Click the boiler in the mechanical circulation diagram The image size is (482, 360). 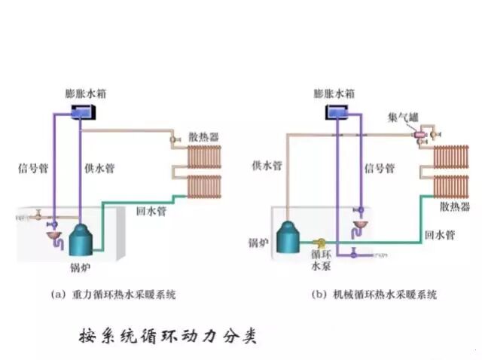tap(288, 238)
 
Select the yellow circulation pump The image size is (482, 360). tap(320, 243)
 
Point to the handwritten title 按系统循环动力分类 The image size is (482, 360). tap(167, 334)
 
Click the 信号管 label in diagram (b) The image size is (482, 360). tap(380, 169)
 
